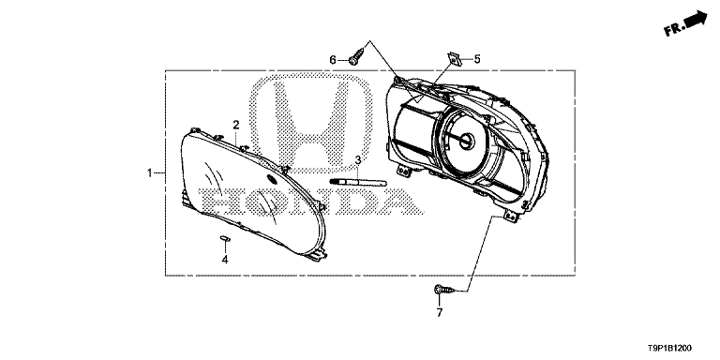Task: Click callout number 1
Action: [x=149, y=173]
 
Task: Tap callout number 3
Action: [x=358, y=160]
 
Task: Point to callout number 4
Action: [x=225, y=260]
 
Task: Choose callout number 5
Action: [x=477, y=59]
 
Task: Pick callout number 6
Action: [x=333, y=60]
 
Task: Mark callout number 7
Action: [x=440, y=313]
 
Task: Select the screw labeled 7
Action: [x=444, y=290]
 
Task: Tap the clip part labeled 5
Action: [x=454, y=58]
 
